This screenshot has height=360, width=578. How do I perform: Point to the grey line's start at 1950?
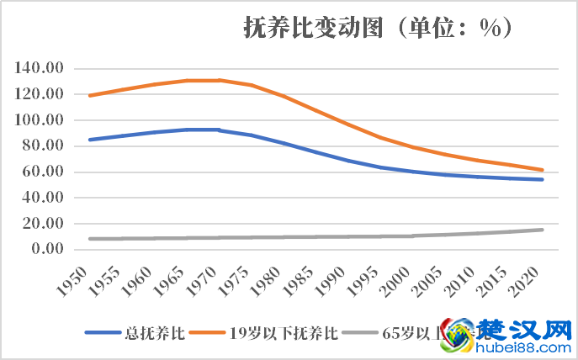pyautogui.click(x=89, y=239)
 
